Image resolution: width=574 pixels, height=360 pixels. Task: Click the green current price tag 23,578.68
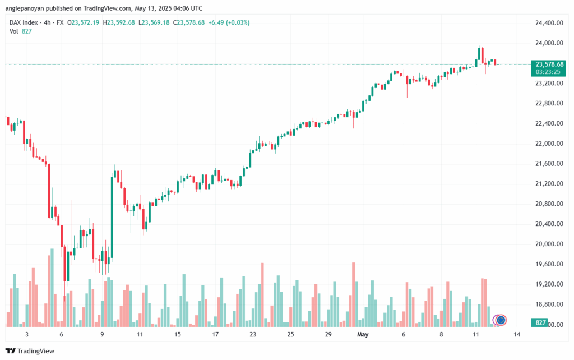click(549, 64)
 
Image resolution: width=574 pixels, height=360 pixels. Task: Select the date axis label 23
click(253, 334)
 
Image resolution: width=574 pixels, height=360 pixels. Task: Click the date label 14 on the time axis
click(516, 334)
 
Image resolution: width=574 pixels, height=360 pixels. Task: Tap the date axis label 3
click(27, 334)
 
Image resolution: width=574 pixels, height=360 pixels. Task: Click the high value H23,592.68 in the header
click(120, 22)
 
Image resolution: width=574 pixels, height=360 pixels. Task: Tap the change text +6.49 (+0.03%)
click(230, 22)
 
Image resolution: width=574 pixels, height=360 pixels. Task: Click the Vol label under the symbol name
click(14, 31)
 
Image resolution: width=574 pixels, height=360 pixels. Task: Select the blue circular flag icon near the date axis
click(501, 320)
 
